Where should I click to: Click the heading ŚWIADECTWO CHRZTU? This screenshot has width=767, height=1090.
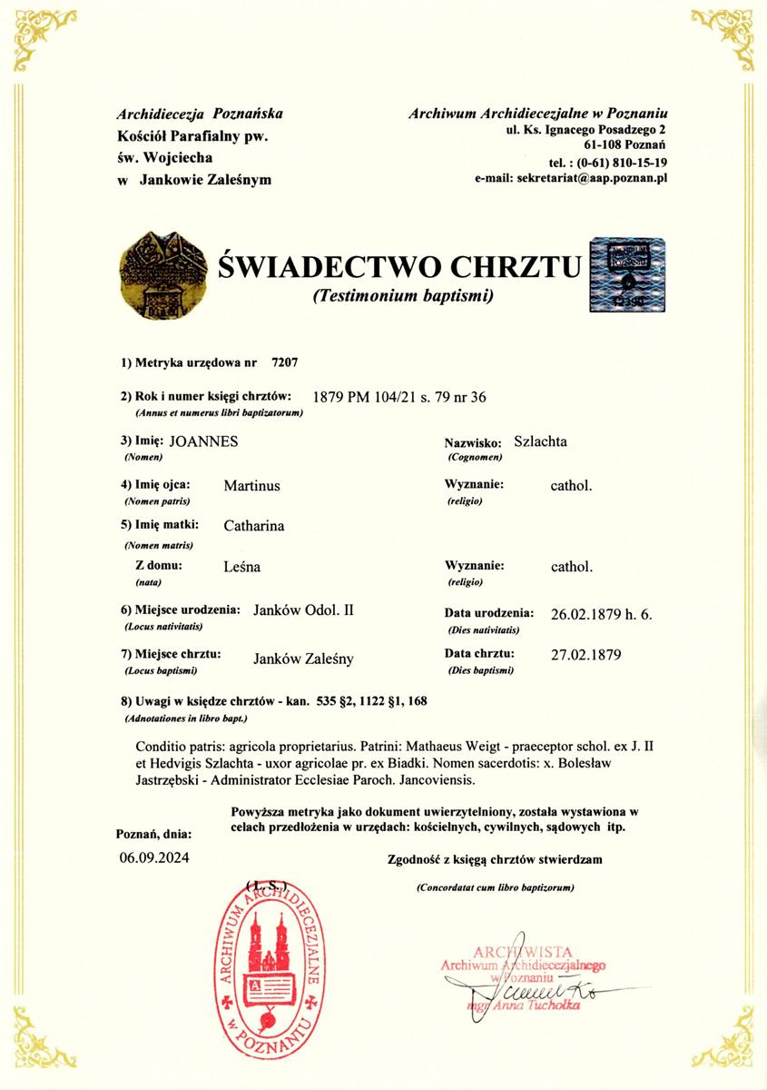399,266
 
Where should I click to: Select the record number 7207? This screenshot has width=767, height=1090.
285,362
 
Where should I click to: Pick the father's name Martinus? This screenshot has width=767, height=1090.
251,485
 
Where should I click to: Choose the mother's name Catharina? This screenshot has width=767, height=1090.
253,525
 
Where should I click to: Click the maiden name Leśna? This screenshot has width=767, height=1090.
241,566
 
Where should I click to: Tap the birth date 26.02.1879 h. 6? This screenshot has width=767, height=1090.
601,613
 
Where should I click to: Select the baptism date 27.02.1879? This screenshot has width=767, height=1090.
585,654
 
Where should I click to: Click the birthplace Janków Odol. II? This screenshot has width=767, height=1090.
303,609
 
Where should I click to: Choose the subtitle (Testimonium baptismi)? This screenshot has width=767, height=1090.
402,296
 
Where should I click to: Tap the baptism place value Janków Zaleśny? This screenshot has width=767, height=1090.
303,659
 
